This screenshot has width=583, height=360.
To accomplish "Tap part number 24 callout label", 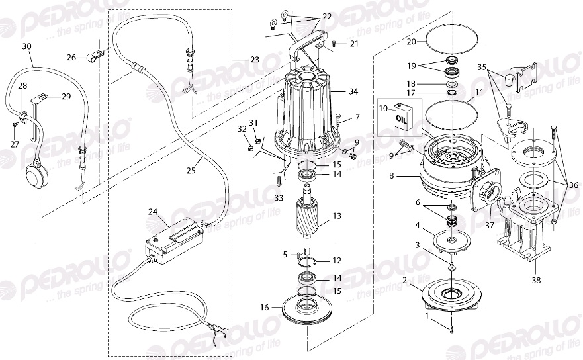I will (153, 212).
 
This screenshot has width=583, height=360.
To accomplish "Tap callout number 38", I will (536, 280).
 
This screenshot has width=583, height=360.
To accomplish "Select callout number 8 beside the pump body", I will (392, 177).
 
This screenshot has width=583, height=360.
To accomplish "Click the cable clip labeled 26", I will (95, 52).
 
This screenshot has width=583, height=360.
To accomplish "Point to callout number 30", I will (26, 46).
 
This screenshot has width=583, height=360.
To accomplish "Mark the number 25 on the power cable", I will (191, 171).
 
